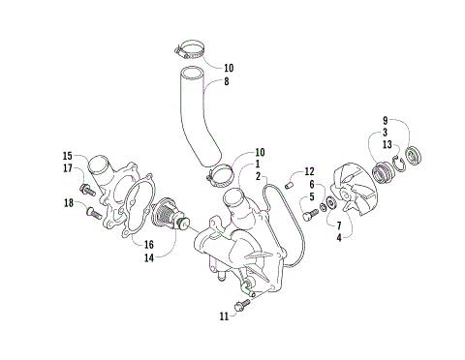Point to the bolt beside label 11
[x=243, y=304]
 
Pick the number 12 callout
[x=310, y=170]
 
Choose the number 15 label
[x=67, y=156]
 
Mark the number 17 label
[x=67, y=168]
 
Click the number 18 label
[x=67, y=202]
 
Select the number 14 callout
[x=150, y=258]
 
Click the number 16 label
[x=150, y=244]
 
